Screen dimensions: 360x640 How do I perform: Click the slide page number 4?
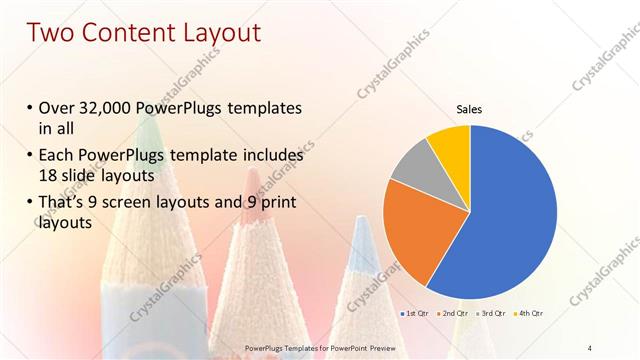590,347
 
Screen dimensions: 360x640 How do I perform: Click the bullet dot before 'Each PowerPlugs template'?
30,156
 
